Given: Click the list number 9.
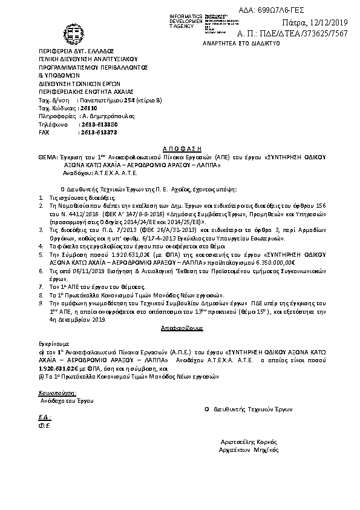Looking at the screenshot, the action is (x=40, y=300).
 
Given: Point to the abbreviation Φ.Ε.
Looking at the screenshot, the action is (x=43, y=425).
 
